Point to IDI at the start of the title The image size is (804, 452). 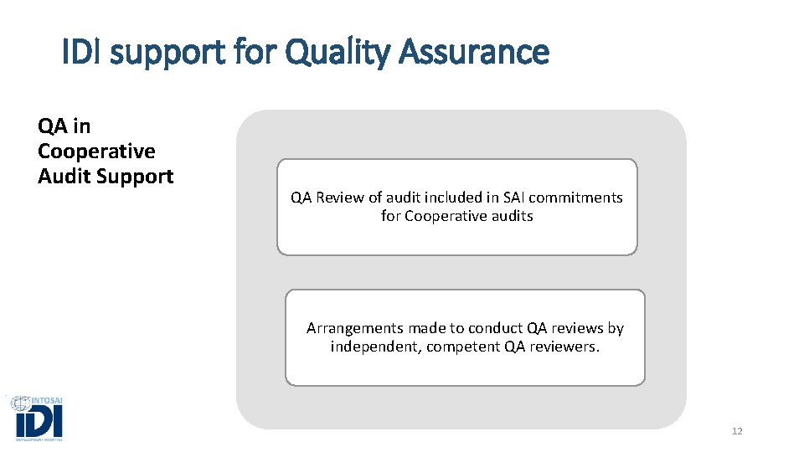click(82, 53)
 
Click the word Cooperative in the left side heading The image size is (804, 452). click(96, 152)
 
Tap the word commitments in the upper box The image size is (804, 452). click(580, 198)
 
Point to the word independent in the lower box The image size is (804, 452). click(375, 347)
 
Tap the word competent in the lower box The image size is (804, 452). click(463, 347)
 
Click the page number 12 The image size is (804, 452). click(737, 431)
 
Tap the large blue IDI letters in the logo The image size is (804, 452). click(38, 421)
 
